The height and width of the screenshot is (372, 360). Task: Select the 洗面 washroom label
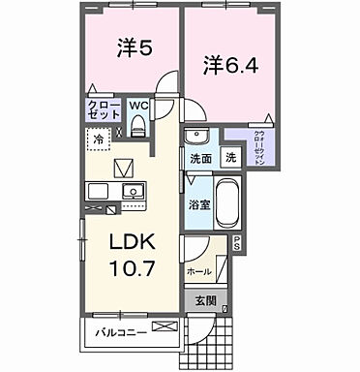click(x=200, y=158)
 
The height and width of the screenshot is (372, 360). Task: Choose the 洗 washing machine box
click(x=230, y=157)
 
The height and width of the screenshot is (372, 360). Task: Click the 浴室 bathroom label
click(x=198, y=205)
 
